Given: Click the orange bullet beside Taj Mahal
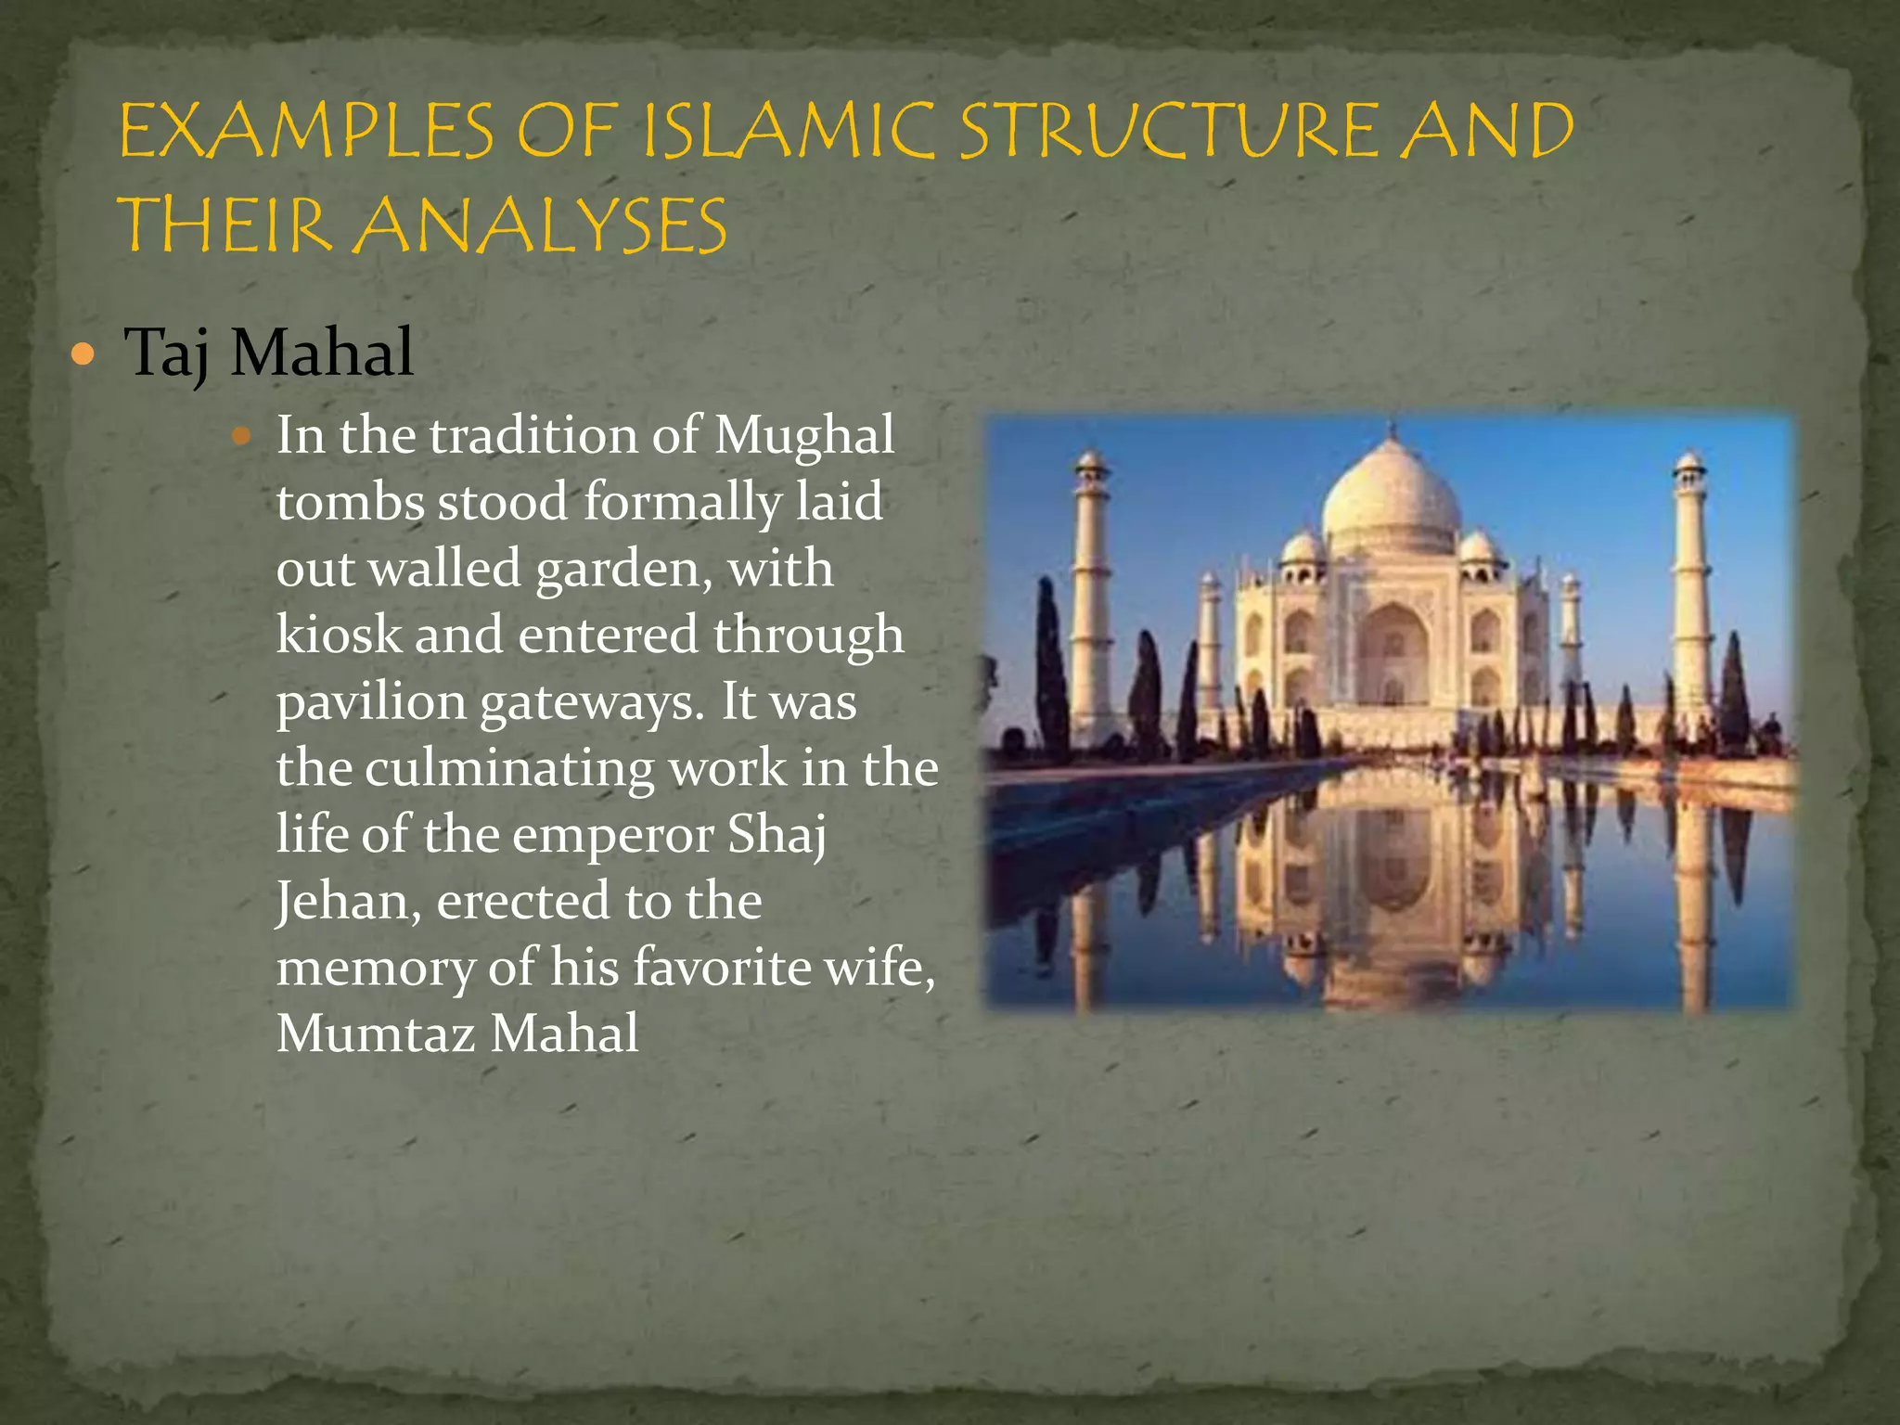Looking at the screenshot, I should click(83, 353).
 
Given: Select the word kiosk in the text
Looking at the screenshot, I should click(339, 635).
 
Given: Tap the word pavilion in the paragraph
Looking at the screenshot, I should click(370, 702).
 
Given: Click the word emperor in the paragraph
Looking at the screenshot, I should click(613, 835).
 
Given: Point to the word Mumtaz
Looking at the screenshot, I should click(376, 1034).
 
